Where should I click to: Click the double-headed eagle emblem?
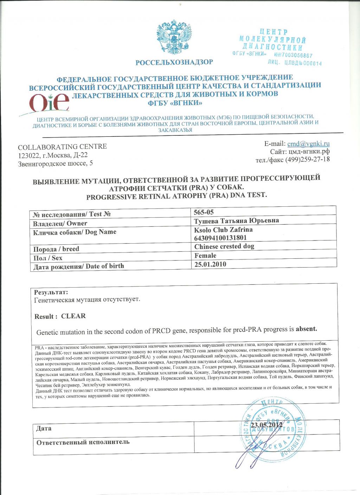174,37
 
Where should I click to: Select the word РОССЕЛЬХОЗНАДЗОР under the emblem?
174,62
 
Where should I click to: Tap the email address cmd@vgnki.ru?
308,143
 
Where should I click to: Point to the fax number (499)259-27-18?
307,159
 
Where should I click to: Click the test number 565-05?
204,212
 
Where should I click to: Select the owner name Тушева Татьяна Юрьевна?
236,221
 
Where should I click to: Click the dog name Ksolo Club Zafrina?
223,230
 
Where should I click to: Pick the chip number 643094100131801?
220,238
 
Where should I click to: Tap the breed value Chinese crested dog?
224,246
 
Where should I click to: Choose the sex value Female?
205,256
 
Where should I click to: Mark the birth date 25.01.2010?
210,264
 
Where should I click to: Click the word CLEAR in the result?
73,316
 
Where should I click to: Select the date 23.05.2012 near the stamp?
266,425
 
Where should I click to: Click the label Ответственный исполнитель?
83,442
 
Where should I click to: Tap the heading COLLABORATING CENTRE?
62,147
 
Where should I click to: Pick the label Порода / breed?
56,249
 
